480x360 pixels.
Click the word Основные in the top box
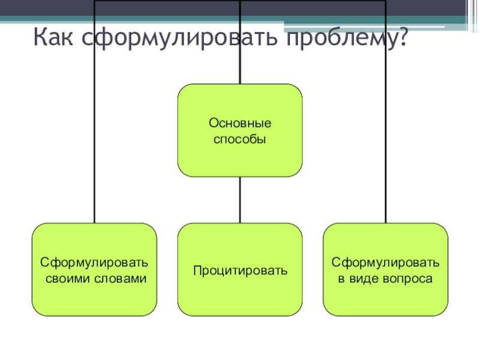click(240, 123)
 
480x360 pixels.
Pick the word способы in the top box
click(240, 139)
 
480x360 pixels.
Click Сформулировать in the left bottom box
click(94, 263)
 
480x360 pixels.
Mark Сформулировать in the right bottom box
click(386, 263)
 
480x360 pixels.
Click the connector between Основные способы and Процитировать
click(240, 200)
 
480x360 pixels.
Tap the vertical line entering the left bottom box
click(94, 150)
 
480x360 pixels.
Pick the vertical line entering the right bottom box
click(386, 150)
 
